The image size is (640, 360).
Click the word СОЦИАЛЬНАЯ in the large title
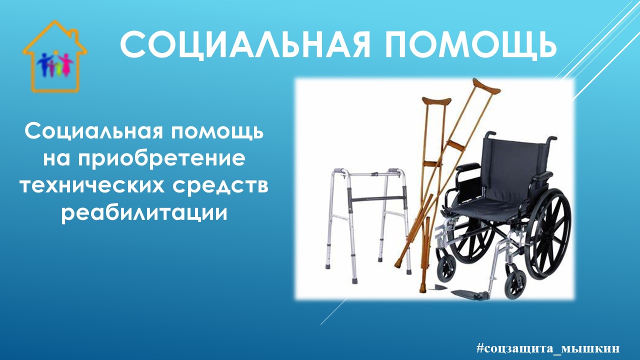pos(245,45)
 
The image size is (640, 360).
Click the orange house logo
pos(54,56)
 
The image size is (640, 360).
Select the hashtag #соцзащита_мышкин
pos(547,348)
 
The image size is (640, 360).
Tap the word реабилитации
pos(144,213)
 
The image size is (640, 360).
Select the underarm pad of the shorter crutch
pos(436,101)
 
